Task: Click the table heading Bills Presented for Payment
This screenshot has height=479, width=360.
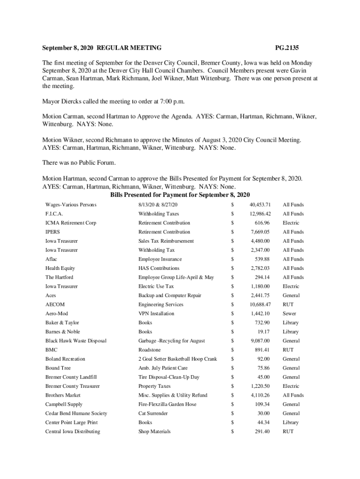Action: [x=180, y=195]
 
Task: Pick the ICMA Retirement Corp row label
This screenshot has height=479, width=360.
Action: [x=71, y=223]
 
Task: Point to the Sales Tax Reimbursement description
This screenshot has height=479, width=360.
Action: [x=166, y=241]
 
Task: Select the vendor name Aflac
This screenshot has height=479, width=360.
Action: [x=51, y=259]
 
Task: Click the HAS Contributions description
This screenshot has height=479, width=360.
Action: [x=158, y=268]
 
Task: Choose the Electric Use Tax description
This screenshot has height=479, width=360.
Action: [x=156, y=286]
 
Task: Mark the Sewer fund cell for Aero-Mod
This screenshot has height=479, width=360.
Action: [x=289, y=313]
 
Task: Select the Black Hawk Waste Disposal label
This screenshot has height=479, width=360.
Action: [x=76, y=341]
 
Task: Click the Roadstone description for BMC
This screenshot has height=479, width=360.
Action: [x=150, y=350]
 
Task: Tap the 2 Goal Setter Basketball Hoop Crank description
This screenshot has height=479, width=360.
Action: [x=177, y=359]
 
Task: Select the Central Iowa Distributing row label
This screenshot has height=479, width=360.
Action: [x=72, y=431]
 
